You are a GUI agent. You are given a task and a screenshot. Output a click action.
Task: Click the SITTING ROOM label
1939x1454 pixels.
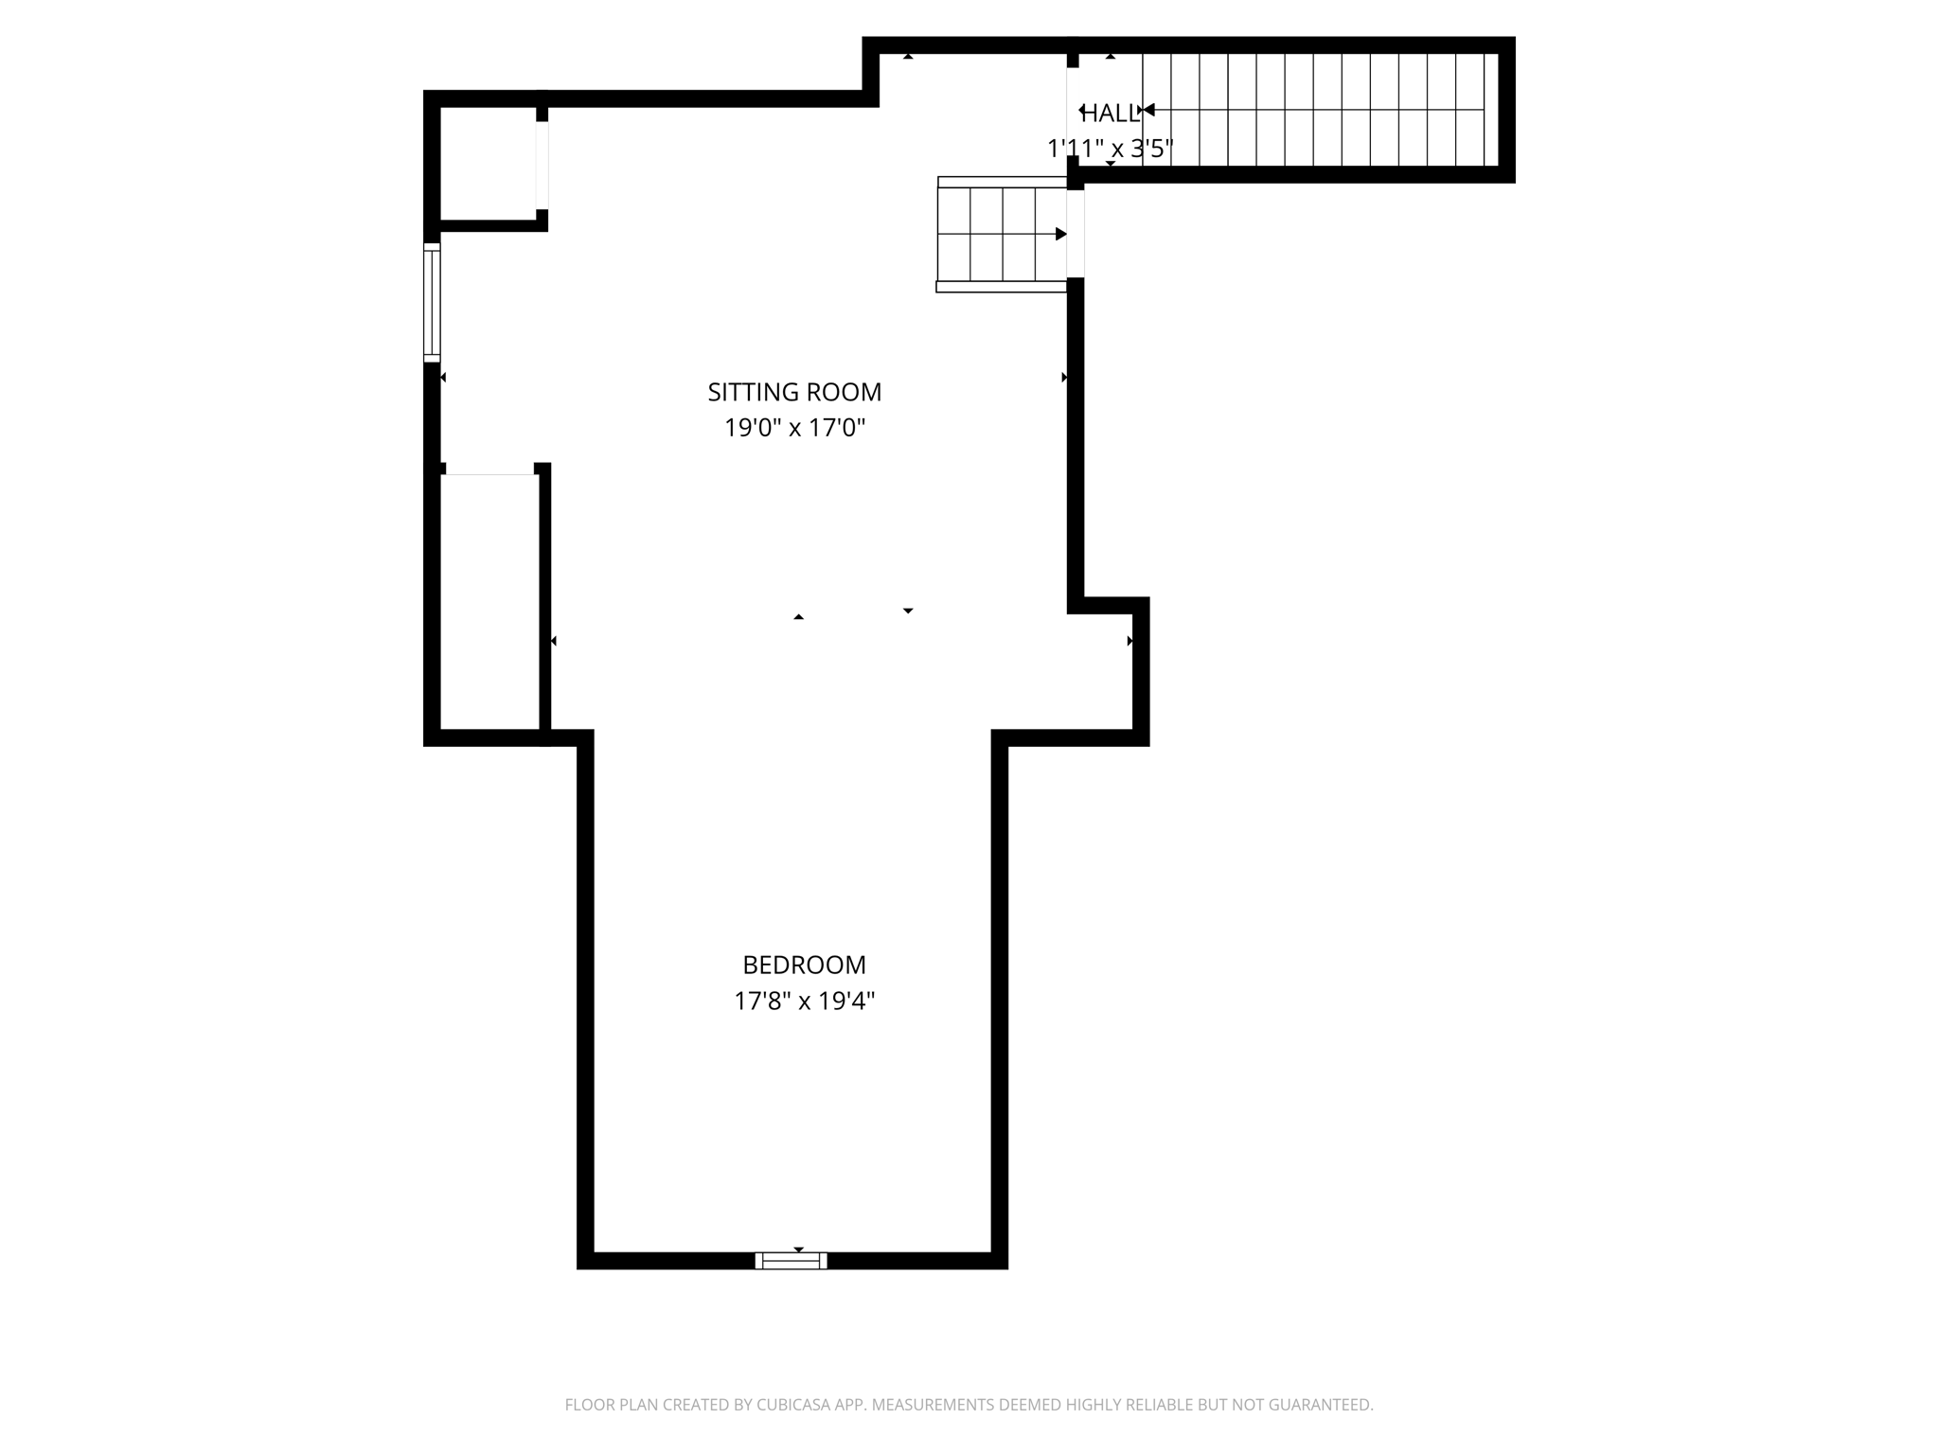[x=794, y=392]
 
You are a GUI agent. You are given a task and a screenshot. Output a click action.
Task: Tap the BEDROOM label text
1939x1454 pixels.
[x=804, y=965]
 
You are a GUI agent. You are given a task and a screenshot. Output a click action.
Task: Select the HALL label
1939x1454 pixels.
[x=1110, y=114]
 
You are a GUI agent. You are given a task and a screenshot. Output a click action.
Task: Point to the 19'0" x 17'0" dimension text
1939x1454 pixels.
[x=794, y=428]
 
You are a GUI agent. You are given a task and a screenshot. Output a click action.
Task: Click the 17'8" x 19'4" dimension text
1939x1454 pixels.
[x=804, y=1001]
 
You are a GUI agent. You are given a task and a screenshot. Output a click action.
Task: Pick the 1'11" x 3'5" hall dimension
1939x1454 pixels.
[x=1110, y=149]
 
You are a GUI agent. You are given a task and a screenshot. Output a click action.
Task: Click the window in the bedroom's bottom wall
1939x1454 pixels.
[x=791, y=1260]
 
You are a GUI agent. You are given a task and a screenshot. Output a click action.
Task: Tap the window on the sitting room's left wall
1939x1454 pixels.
[x=432, y=302]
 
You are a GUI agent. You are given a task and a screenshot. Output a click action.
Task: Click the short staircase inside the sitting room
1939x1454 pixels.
[x=1001, y=234]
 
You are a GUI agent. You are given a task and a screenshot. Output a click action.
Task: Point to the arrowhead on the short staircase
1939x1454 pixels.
[x=1060, y=234]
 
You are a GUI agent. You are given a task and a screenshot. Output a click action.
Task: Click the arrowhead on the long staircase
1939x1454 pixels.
[x=1148, y=110]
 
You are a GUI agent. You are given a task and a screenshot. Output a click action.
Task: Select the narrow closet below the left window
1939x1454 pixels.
[x=489, y=601]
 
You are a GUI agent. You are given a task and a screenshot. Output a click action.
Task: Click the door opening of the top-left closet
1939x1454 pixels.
[x=543, y=165]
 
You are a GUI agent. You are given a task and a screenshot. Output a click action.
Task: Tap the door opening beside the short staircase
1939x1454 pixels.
[x=1076, y=234]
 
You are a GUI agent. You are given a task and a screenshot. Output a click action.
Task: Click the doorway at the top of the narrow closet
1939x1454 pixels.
[x=489, y=470]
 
